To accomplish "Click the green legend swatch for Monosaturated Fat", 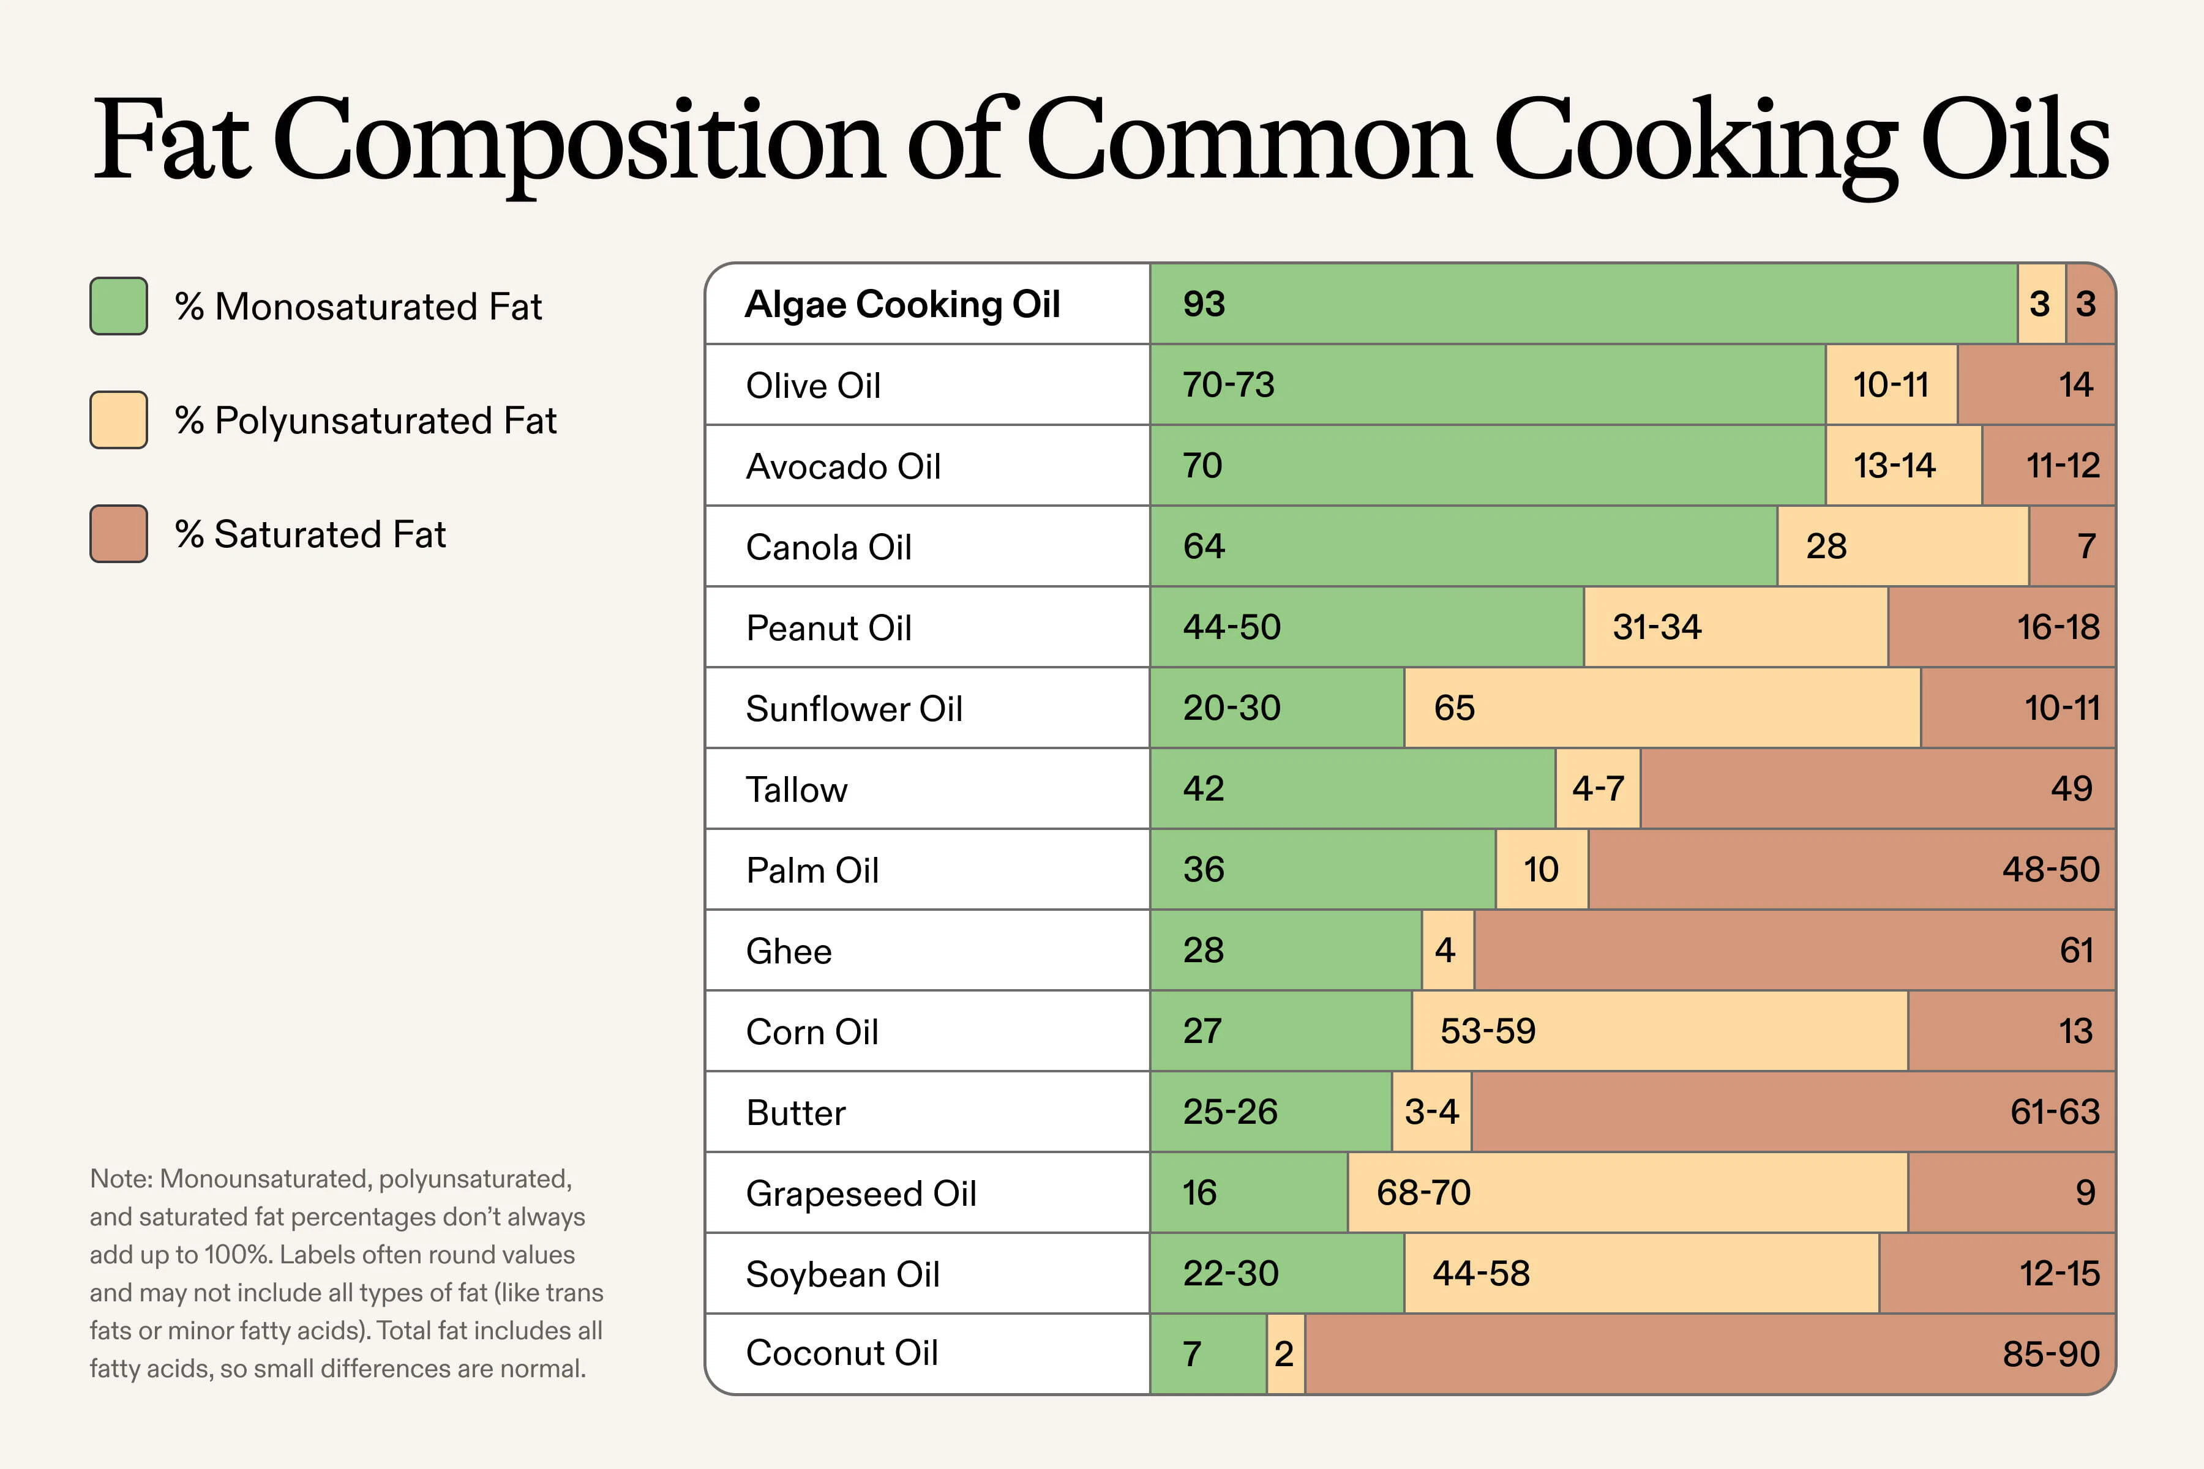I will pyautogui.click(x=118, y=307).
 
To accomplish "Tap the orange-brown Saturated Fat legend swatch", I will pyautogui.click(x=118, y=534).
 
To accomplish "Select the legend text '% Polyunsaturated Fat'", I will pyautogui.click(x=365, y=421).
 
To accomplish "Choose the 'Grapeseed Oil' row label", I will pyautogui.click(x=860, y=1194).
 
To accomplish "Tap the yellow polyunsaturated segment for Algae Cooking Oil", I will pyautogui.click(x=2040, y=304).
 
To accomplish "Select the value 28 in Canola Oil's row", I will pyautogui.click(x=1826, y=546).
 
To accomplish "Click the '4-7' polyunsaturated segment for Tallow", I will pyautogui.click(x=1598, y=788).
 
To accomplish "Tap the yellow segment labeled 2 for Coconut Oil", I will pyautogui.click(x=1284, y=1354).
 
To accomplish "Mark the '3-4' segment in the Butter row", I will pyautogui.click(x=1431, y=1112).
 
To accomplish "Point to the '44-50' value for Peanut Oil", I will pyautogui.click(x=1231, y=627).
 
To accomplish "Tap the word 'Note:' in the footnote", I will pyautogui.click(x=121, y=1179).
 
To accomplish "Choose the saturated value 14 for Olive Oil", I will pyautogui.click(x=2075, y=385).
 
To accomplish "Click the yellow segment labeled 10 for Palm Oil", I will pyautogui.click(x=1540, y=869).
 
